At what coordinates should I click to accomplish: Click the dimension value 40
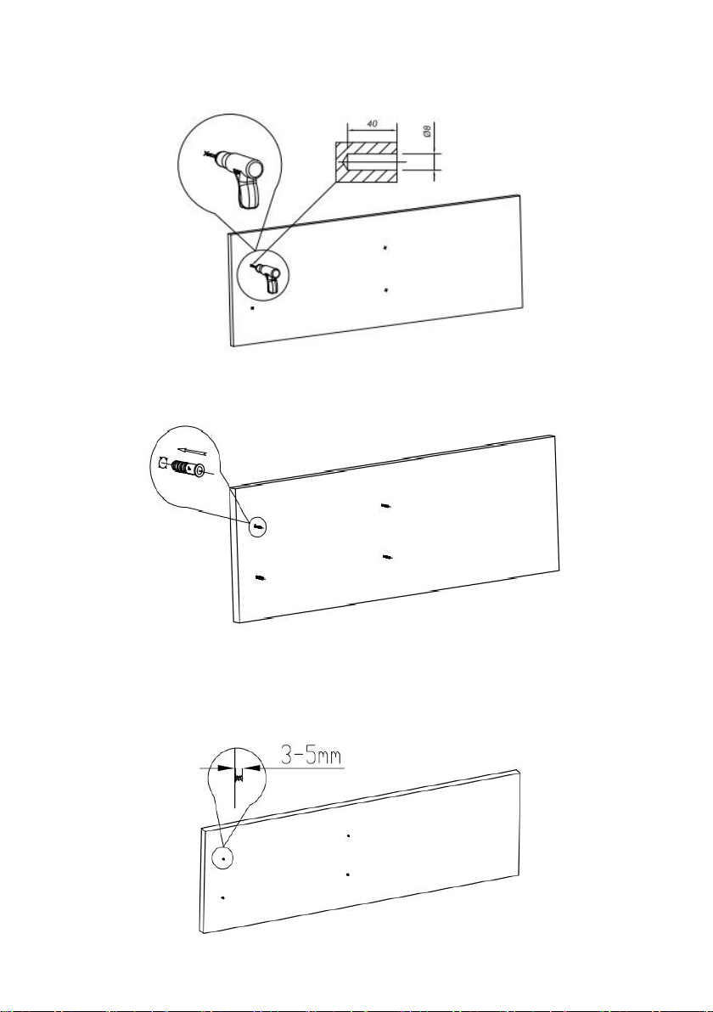click(x=371, y=122)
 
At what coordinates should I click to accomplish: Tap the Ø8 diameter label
click(x=426, y=132)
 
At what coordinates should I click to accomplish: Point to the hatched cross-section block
click(x=365, y=162)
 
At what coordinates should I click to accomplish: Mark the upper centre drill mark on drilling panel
click(x=385, y=247)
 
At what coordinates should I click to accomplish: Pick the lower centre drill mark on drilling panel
click(x=385, y=290)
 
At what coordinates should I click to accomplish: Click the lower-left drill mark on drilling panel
click(x=252, y=308)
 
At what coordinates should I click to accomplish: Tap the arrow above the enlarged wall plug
click(x=193, y=451)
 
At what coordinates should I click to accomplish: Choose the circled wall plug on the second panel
click(x=258, y=527)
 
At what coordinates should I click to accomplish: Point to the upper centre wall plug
click(x=385, y=506)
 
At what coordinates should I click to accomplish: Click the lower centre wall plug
click(x=387, y=556)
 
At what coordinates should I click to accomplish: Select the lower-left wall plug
click(x=261, y=577)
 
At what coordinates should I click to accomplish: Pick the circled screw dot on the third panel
click(x=223, y=859)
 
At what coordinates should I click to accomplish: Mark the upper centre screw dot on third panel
click(x=348, y=835)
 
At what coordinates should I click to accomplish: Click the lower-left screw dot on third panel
click(x=222, y=897)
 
